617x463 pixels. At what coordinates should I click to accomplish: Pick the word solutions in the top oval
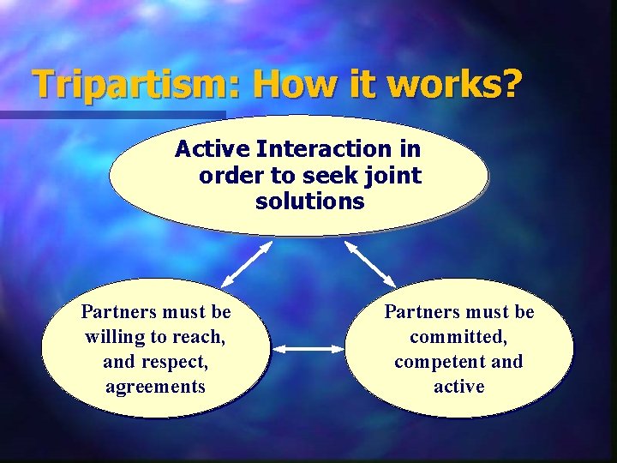pyautogui.click(x=309, y=202)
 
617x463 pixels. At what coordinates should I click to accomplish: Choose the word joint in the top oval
pyautogui.click(x=392, y=176)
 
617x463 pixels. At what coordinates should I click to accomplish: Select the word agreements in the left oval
pyautogui.click(x=155, y=387)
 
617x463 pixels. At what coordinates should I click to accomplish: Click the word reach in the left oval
pyautogui.click(x=200, y=337)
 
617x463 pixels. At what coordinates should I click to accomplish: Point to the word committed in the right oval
pyautogui.click(x=459, y=337)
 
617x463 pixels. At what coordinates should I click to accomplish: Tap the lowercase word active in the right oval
pyautogui.click(x=459, y=387)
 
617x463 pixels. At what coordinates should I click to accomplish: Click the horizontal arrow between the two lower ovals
pyautogui.click(x=308, y=349)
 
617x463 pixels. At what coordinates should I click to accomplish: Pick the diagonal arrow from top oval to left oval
pyautogui.click(x=247, y=263)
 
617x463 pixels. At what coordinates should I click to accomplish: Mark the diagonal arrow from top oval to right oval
pyautogui.click(x=370, y=263)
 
